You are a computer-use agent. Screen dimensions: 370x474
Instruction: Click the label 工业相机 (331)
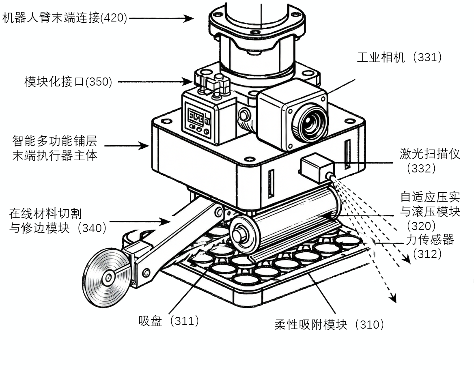399,57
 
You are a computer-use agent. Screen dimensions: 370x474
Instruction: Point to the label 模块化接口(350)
68,82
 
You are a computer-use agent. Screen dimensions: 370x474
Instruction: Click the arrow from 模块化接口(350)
154,82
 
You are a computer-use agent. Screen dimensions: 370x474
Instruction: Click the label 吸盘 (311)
169,321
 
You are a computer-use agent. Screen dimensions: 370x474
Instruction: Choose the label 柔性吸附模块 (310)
329,325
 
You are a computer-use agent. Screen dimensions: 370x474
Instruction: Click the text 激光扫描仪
430,154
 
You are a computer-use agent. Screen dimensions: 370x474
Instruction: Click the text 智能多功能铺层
55,141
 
